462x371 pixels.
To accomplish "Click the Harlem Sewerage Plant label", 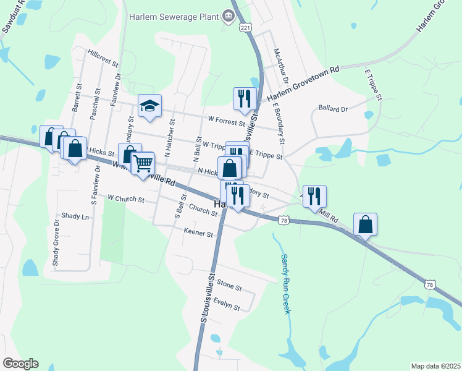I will click(x=175, y=16).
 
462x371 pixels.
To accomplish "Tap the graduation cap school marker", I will click(x=149, y=106).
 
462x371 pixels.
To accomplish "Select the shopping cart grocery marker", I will click(x=143, y=164).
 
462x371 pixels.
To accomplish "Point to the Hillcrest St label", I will click(x=103, y=58).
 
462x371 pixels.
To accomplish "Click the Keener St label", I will click(x=198, y=234).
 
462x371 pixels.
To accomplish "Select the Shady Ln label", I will click(x=75, y=216).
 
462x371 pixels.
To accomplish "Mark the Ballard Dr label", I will click(x=334, y=108).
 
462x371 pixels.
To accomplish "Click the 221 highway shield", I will click(x=246, y=28).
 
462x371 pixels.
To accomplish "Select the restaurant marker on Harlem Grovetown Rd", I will click(x=245, y=100).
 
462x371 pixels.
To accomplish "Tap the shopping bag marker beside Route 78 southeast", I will click(x=365, y=225).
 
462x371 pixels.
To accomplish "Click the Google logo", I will click(x=20, y=364).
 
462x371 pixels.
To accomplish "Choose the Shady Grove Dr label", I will click(x=56, y=247).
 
